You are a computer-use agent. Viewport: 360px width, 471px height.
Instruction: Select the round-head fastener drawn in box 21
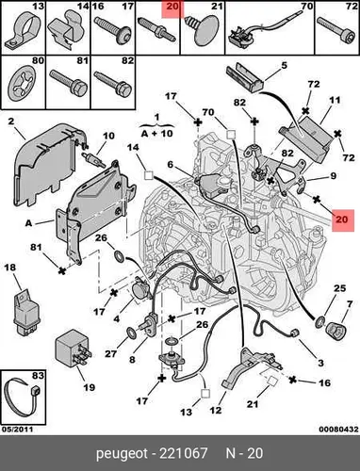tap(202, 30)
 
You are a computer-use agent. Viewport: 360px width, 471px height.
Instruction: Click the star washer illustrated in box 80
tap(22, 83)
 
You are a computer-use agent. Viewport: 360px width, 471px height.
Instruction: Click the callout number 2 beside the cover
tap(11, 122)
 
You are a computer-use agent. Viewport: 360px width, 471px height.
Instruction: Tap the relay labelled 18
tap(26, 311)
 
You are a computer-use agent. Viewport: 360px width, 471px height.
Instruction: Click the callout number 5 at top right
tap(285, 65)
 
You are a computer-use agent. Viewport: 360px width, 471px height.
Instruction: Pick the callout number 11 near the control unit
tap(335, 101)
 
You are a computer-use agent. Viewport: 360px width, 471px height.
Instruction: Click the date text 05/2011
tap(18, 429)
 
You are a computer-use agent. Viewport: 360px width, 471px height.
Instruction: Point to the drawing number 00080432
tap(338, 429)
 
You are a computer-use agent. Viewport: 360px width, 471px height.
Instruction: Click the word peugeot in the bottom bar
tap(122, 454)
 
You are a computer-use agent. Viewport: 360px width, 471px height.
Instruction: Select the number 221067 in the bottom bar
tap(184, 453)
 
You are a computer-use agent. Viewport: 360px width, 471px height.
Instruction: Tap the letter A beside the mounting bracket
tap(28, 223)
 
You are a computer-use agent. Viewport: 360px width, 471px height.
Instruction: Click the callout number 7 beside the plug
tap(350, 304)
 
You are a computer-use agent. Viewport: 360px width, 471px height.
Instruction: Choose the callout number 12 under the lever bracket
tap(216, 410)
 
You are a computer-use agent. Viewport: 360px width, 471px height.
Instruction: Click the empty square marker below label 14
tap(148, 175)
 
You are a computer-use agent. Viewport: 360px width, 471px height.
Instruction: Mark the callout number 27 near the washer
tap(110, 354)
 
